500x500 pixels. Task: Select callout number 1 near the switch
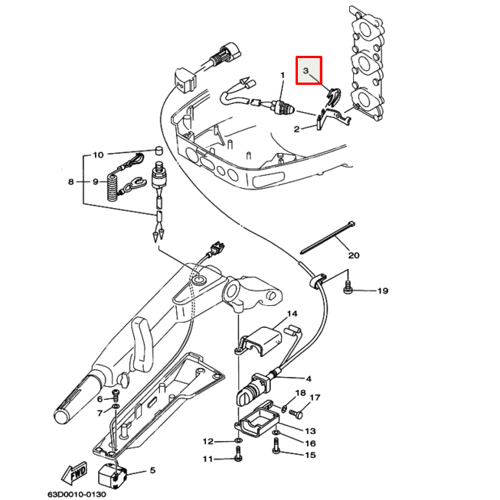click(x=283, y=76)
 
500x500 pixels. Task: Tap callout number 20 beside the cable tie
click(x=353, y=255)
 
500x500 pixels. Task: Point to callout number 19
click(x=382, y=291)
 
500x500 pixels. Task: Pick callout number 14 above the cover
click(x=292, y=313)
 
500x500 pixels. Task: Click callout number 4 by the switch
click(x=309, y=378)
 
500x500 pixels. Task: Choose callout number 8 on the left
click(x=71, y=182)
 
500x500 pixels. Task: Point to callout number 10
click(x=98, y=155)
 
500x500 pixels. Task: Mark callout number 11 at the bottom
click(x=207, y=459)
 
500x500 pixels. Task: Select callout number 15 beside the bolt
click(x=310, y=456)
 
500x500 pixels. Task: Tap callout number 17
click(x=314, y=398)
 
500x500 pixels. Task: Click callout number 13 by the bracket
click(x=309, y=431)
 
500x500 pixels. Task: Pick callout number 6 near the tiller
click(x=99, y=399)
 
